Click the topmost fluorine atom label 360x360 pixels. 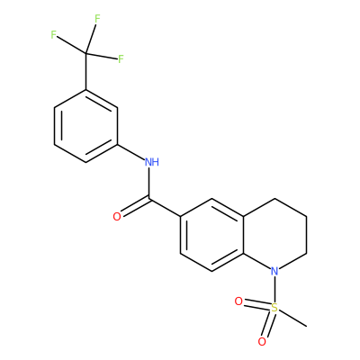97,19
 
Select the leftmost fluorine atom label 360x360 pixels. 54,35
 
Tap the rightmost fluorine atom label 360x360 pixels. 121,58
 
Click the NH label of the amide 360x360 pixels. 152,162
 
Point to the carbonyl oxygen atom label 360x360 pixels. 117,217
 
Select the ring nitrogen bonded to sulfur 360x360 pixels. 274,271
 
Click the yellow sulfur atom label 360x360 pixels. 274,308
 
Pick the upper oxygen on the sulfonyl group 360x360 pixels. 238,301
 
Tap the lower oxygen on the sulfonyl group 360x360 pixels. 262,342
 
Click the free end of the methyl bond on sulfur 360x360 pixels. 307,326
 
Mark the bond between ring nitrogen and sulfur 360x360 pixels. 274,289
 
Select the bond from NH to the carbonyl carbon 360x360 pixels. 148,183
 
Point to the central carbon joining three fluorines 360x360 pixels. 86,53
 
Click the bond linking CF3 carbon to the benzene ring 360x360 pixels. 86,71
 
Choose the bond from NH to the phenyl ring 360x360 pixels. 130,151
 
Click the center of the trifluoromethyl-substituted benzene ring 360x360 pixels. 86,126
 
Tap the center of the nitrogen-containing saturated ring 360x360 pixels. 274,235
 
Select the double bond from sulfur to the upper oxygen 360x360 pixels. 256,304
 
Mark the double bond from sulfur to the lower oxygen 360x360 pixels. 268,324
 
